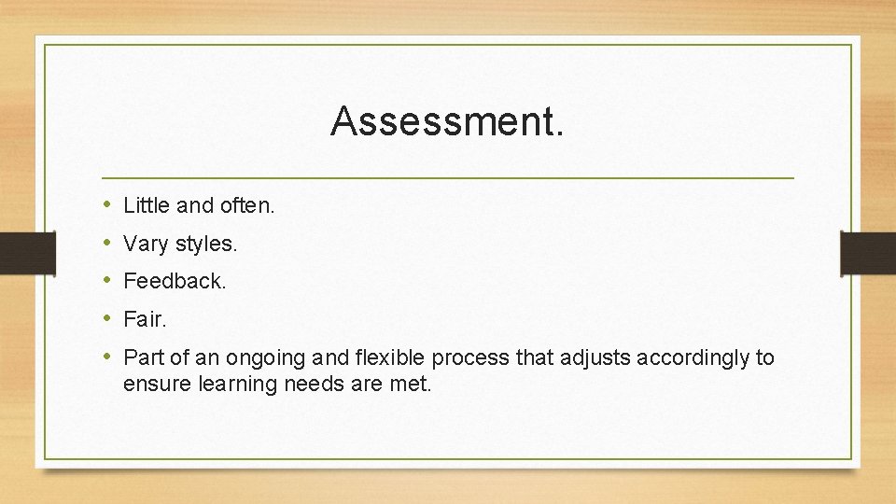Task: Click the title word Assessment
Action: pos(447,121)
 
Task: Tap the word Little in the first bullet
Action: pos(143,205)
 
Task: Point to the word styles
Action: pos(206,245)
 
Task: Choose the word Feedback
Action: pos(175,281)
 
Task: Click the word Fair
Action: pos(145,319)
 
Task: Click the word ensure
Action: pos(155,384)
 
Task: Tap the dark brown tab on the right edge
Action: pos(868,252)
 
